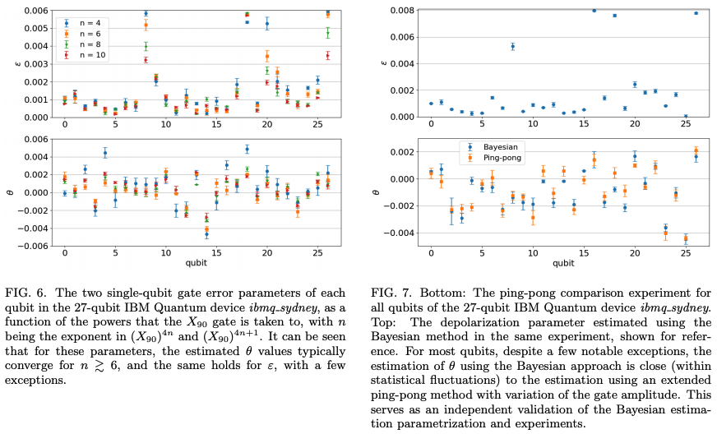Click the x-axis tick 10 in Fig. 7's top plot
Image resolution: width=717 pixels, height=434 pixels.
click(533, 124)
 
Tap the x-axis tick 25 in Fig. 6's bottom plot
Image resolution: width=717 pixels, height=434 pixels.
click(317, 253)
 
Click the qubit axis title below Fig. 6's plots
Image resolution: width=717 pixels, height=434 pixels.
click(191, 264)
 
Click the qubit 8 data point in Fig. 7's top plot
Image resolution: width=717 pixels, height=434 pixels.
click(512, 46)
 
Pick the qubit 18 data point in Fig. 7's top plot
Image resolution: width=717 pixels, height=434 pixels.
click(614, 16)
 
